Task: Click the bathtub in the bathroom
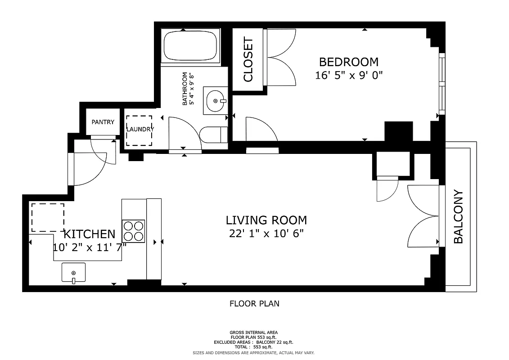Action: [190, 46]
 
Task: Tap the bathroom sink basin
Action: [215, 101]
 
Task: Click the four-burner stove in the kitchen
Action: [134, 231]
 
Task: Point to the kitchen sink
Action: [73, 273]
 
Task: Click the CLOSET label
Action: [248, 60]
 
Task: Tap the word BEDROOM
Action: [349, 62]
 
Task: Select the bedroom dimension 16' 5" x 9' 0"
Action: [349, 75]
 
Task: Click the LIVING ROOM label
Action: [266, 220]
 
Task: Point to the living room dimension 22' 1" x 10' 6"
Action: [266, 233]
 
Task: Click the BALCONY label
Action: [458, 217]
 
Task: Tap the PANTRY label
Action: [103, 122]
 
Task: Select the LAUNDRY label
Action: [140, 129]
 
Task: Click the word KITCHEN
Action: [90, 234]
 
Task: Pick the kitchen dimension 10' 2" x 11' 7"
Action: [90, 247]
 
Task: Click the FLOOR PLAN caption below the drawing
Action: [254, 304]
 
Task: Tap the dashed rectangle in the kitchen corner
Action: [47, 218]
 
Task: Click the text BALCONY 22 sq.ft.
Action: [275, 342]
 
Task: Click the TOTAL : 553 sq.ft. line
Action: [254, 347]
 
